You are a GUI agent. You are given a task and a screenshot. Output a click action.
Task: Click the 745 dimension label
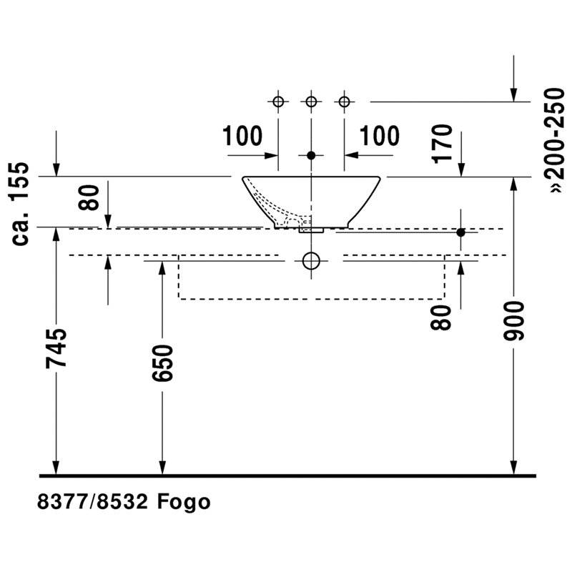tap(56, 349)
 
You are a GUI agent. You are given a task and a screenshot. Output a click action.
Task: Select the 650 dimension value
tap(162, 364)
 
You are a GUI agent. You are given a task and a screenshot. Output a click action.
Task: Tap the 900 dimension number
tap(513, 321)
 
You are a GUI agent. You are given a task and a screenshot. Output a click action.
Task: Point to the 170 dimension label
tap(442, 144)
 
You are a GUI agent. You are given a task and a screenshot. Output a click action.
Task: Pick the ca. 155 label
tap(20, 204)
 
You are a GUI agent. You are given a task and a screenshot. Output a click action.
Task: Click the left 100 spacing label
tap(242, 136)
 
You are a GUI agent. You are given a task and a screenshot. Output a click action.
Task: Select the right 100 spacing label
tap(380, 136)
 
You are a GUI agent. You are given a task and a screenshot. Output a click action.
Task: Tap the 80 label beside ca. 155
tap(89, 197)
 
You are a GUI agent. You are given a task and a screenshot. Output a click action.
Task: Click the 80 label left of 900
tap(440, 317)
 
